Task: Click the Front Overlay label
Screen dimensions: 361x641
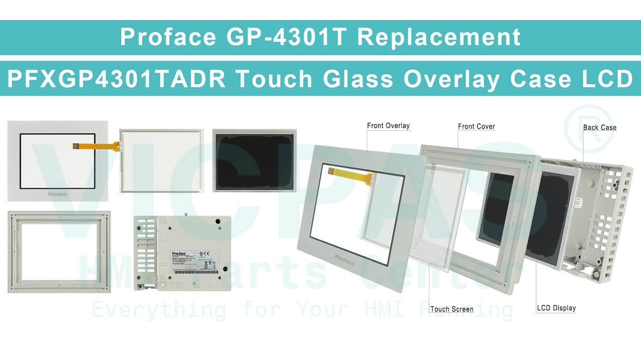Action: point(388,126)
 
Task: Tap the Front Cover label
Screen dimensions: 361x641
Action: point(476,126)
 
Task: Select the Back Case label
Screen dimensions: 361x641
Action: point(599,127)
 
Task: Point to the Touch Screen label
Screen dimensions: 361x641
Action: point(451,309)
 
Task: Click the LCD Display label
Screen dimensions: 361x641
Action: point(556,308)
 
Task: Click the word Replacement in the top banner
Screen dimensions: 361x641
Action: point(439,37)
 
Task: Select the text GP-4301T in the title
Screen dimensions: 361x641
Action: point(287,37)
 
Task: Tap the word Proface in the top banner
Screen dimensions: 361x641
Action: point(168,37)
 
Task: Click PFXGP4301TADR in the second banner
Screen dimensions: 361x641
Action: point(116,79)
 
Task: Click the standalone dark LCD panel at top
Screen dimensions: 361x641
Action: point(254,160)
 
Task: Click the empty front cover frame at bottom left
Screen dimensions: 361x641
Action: point(59,252)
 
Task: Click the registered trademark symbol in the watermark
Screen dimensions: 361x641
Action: point(589,129)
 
